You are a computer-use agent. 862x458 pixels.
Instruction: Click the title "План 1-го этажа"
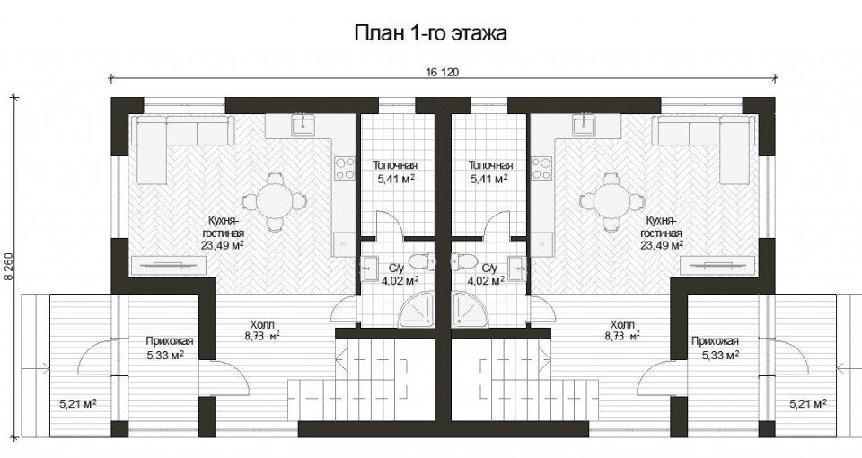pyautogui.click(x=430, y=33)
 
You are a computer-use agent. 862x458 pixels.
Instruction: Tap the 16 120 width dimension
pyautogui.click(x=442, y=72)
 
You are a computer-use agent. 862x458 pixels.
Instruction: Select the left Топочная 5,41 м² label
pyautogui.click(x=395, y=172)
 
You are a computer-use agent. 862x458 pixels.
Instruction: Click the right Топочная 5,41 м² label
pyautogui.click(x=490, y=172)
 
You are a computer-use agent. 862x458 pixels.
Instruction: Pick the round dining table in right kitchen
pyautogui.click(x=611, y=200)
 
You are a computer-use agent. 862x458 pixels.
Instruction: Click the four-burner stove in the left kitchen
pyautogui.click(x=345, y=168)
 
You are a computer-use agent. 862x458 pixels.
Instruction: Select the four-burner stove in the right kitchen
pyautogui.click(x=541, y=168)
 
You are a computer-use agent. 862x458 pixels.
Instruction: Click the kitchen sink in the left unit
pyautogui.click(x=302, y=125)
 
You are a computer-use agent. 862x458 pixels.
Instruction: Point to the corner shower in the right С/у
pyautogui.click(x=471, y=308)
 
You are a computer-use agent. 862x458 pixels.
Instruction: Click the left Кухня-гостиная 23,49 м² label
pyautogui.click(x=222, y=233)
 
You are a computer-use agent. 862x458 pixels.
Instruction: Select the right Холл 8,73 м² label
pyautogui.click(x=622, y=330)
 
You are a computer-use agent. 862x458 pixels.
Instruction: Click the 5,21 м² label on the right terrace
pyautogui.click(x=808, y=404)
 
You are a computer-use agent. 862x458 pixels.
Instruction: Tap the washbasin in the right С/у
pyautogui.click(x=517, y=268)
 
